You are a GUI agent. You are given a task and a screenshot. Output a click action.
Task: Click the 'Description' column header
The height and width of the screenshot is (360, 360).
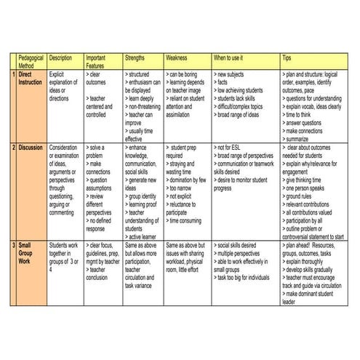coord(60,57)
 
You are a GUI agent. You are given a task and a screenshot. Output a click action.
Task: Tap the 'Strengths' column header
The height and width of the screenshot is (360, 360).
coord(135,57)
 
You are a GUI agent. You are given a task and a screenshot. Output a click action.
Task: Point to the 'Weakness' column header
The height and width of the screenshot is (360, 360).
coord(179,57)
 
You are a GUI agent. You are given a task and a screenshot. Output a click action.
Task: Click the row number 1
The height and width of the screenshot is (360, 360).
coord(14,74)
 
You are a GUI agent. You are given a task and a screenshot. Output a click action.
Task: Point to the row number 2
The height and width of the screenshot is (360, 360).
coord(14,148)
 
